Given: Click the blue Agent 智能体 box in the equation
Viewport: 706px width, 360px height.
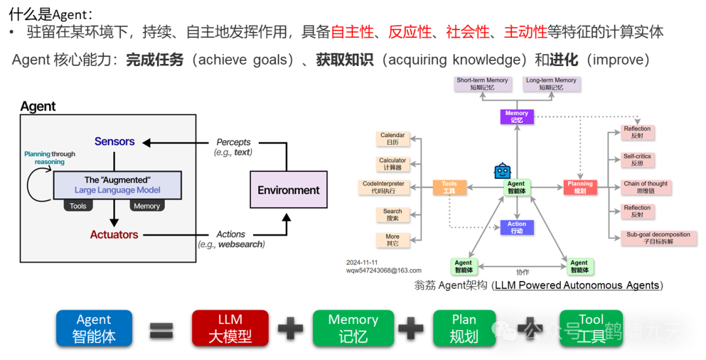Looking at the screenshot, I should pyautogui.click(x=94, y=327).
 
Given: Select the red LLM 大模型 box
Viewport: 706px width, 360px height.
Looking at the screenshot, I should pyautogui.click(x=230, y=327).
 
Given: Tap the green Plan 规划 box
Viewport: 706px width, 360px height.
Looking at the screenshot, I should pyautogui.click(x=464, y=327).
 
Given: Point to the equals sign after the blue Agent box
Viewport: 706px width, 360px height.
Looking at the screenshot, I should pyautogui.click(x=161, y=328).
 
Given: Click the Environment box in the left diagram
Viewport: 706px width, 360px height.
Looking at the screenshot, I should pyautogui.click(x=288, y=189).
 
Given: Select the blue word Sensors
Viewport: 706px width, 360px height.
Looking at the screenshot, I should pyautogui.click(x=114, y=141).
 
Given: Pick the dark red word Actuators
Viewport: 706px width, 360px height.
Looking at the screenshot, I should pyautogui.click(x=114, y=235).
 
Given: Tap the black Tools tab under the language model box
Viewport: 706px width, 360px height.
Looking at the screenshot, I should pyautogui.click(x=78, y=206).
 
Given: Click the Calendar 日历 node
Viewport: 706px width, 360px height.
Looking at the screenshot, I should pyautogui.click(x=392, y=139).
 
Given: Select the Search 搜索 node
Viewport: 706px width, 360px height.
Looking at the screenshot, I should pyautogui.click(x=392, y=215).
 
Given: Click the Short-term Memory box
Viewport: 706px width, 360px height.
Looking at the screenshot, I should pyautogui.click(x=482, y=84).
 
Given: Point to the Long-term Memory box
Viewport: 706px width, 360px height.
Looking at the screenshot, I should pyautogui.click(x=551, y=84).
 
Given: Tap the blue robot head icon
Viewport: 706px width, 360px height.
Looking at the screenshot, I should pyautogui.click(x=502, y=171).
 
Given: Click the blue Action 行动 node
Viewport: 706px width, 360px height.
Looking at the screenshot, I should pyautogui.click(x=516, y=227).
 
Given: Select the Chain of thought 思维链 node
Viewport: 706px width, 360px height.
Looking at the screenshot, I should pyautogui.click(x=646, y=188).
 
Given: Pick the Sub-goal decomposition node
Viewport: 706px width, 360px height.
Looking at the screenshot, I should pyautogui.click(x=658, y=238).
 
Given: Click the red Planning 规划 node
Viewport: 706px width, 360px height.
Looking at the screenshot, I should pyautogui.click(x=580, y=188).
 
